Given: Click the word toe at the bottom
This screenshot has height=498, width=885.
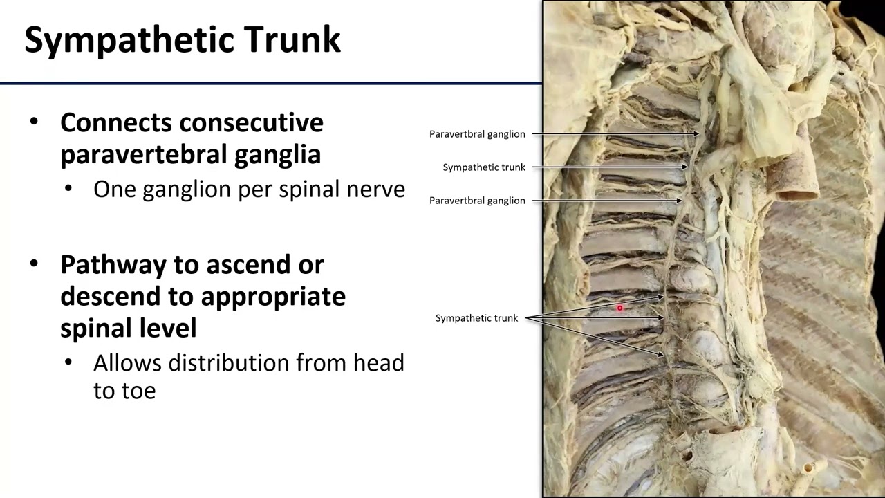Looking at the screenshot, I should [x=139, y=391].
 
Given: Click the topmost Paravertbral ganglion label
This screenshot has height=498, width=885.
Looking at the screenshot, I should [x=477, y=134].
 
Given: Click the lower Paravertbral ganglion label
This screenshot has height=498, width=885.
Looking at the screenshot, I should [x=477, y=201].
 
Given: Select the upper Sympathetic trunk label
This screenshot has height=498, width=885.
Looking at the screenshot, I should [x=484, y=167].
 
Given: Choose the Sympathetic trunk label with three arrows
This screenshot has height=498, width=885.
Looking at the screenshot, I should [x=476, y=318].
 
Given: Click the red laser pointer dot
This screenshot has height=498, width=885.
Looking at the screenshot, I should [x=620, y=308].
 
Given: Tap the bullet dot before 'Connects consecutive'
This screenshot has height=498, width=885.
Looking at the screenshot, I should [x=35, y=122].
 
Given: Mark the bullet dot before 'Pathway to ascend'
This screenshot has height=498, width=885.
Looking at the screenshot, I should [x=35, y=264].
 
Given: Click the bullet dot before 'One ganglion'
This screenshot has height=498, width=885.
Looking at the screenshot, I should [x=68, y=189].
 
